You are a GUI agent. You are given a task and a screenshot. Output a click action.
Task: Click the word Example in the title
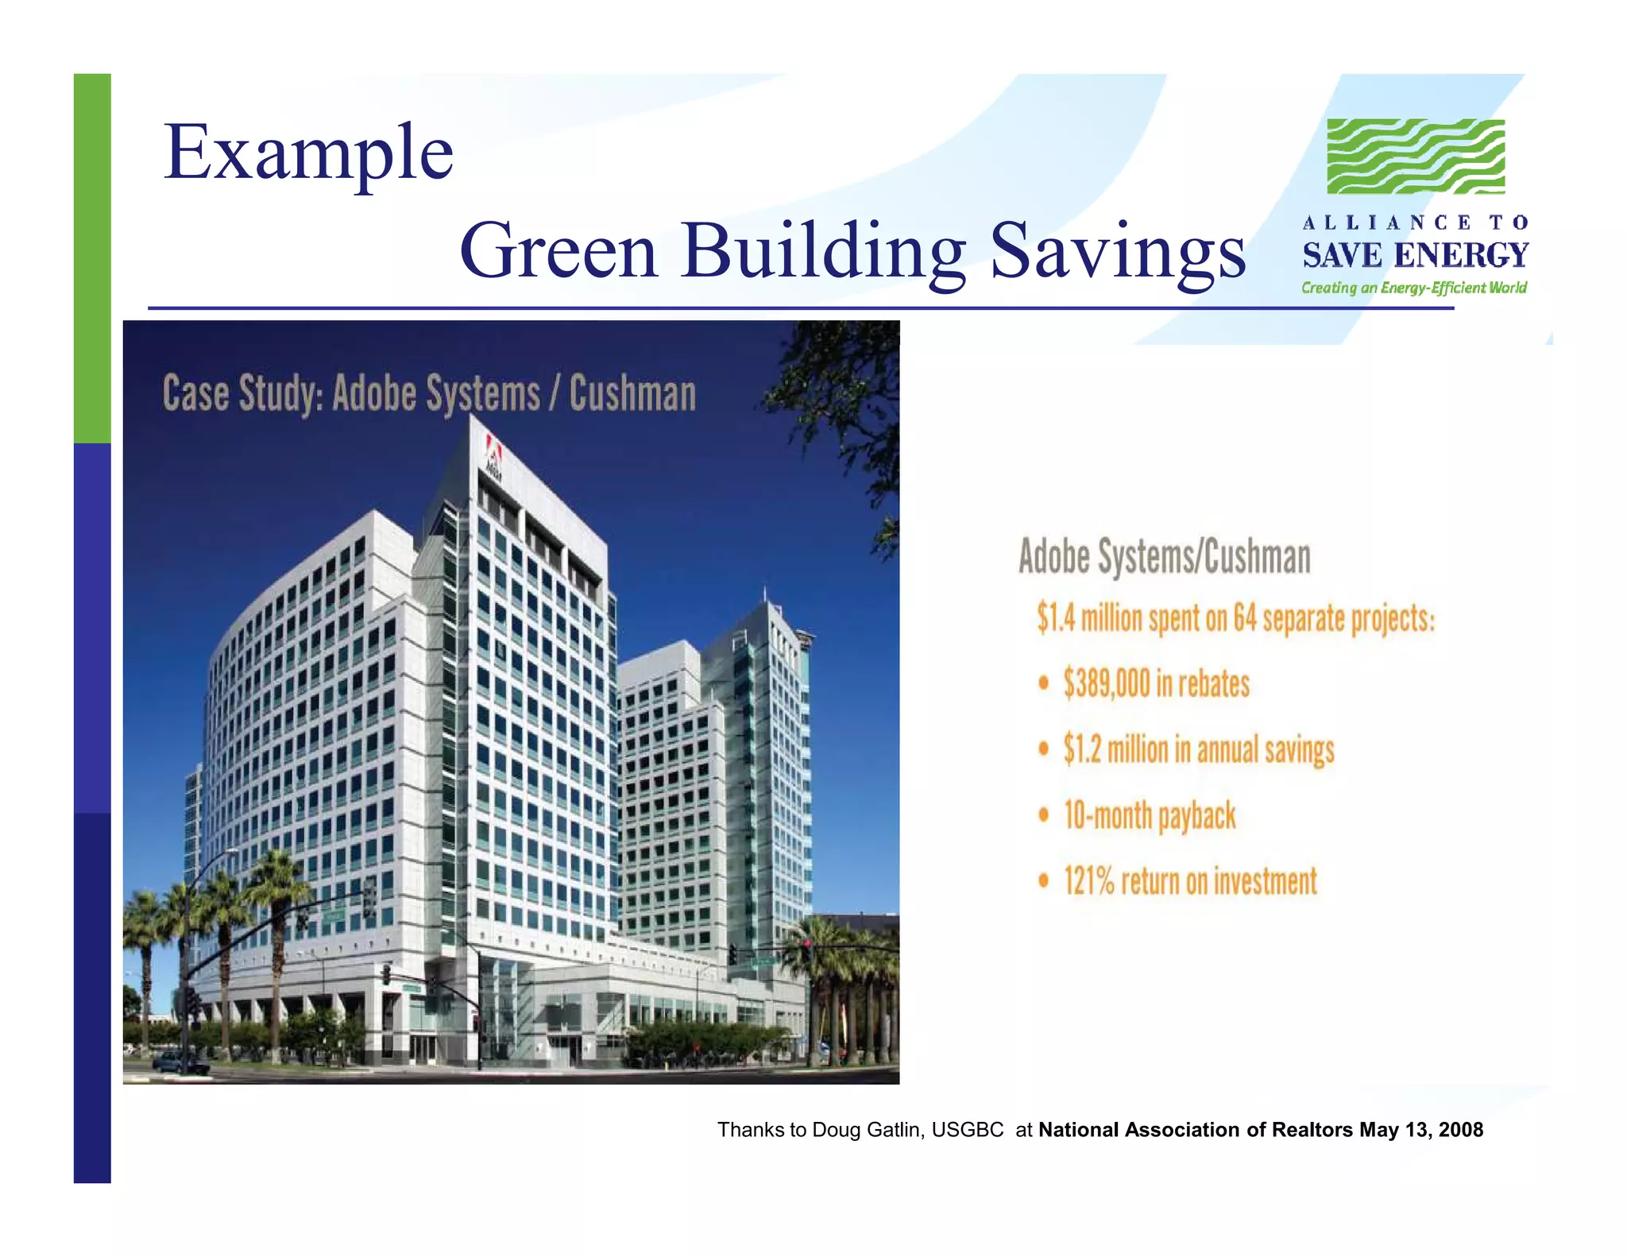coord(308,153)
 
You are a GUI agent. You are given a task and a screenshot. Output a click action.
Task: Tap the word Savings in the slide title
coord(1118,251)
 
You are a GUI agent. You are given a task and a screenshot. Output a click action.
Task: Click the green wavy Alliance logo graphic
coord(1416,157)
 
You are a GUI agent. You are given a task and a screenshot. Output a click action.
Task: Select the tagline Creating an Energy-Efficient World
coord(1413,288)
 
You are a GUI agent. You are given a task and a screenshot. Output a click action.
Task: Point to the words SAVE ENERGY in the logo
coord(1415,256)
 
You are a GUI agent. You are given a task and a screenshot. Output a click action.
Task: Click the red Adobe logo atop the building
coord(493,454)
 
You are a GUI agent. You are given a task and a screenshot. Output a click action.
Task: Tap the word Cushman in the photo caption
coord(632,394)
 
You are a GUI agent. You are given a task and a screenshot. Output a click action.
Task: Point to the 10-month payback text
coord(1150,816)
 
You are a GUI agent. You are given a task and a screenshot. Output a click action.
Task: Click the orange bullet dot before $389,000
coord(1044,683)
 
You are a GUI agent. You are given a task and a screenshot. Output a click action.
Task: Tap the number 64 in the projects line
coord(1245,619)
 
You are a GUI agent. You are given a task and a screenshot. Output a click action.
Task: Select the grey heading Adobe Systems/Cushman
coord(1164,556)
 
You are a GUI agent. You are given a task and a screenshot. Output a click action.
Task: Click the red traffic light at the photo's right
coord(806,944)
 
